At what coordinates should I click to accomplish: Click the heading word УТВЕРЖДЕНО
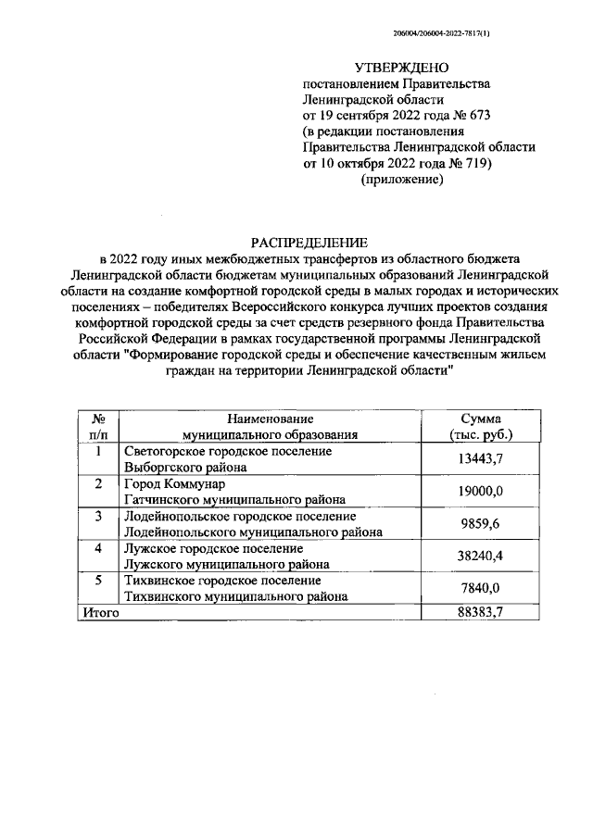pyautogui.click(x=401, y=68)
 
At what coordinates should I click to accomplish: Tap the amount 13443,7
pyautogui.click(x=480, y=458)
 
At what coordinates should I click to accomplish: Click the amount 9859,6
pyautogui.click(x=480, y=523)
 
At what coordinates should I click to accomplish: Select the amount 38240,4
pyautogui.click(x=480, y=557)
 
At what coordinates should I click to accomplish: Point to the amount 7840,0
pyautogui.click(x=480, y=589)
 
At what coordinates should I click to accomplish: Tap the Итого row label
pyautogui.click(x=101, y=613)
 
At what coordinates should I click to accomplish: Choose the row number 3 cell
pyautogui.click(x=98, y=516)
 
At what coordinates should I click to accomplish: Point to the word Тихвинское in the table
pyautogui.click(x=160, y=581)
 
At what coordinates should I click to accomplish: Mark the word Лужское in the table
pyautogui.click(x=150, y=548)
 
